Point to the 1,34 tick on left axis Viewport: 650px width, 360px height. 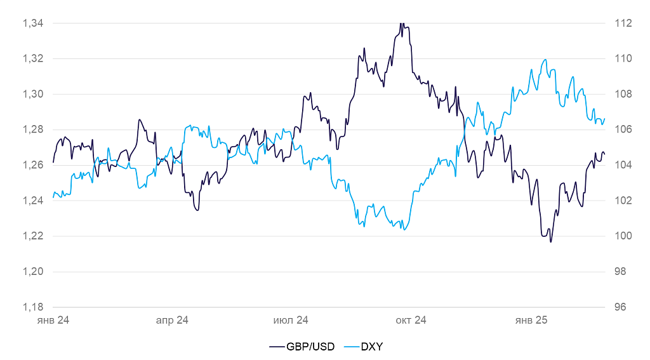pyautogui.click(x=32, y=23)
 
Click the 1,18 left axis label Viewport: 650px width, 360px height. pyautogui.click(x=32, y=307)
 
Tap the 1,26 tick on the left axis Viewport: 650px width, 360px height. pyautogui.click(x=32, y=165)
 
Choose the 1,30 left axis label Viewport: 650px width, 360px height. pyautogui.click(x=32, y=94)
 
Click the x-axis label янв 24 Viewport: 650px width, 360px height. pyautogui.click(x=53, y=321)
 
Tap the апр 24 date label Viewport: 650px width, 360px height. pyautogui.click(x=172, y=321)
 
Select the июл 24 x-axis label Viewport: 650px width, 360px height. pyautogui.click(x=291, y=321)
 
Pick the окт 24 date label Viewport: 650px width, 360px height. pyautogui.click(x=411, y=321)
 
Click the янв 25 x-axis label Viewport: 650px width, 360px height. pyautogui.click(x=531, y=321)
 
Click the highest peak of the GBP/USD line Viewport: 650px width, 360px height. pyautogui.click(x=402, y=23)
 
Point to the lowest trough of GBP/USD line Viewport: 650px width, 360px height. pyautogui.click(x=550, y=242)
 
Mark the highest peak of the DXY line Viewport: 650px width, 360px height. pyautogui.click(x=545, y=60)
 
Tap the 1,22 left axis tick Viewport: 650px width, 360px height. pyautogui.click(x=32, y=236)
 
